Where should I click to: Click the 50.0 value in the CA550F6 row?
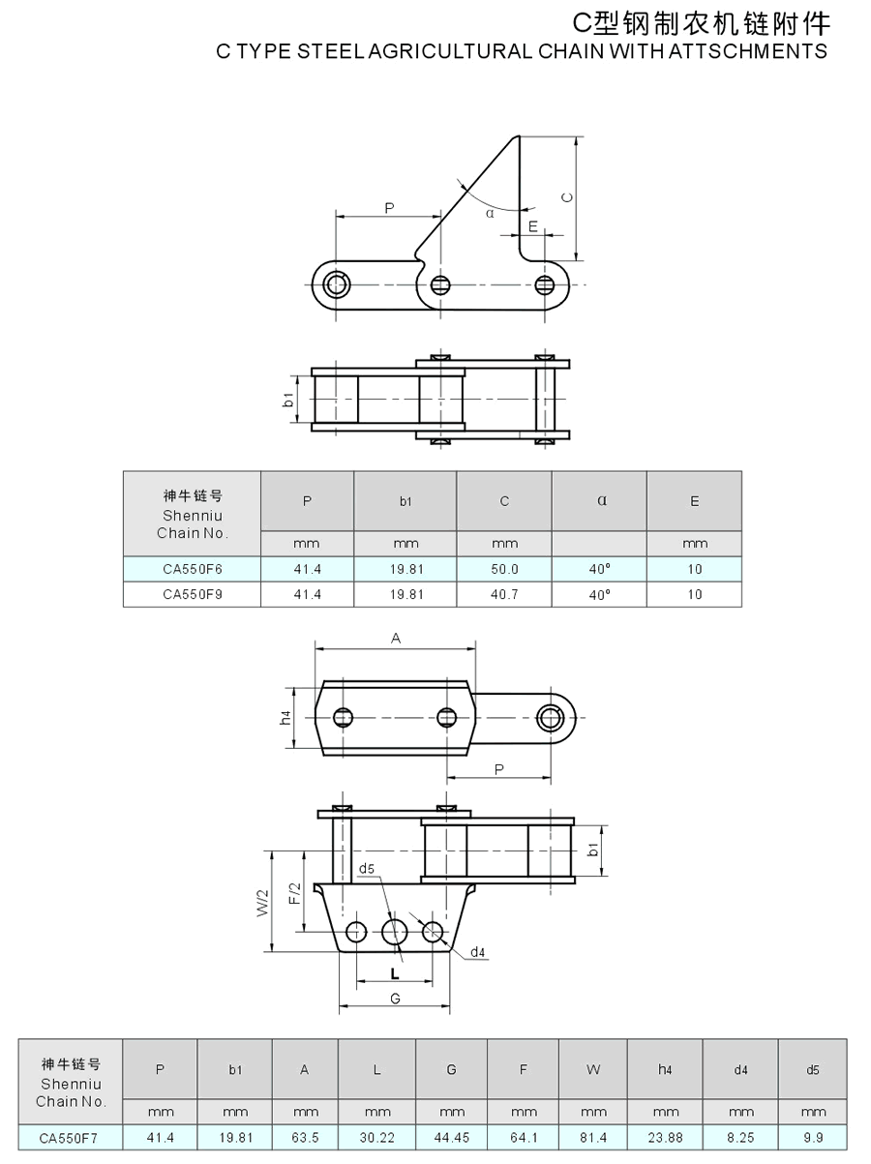[504, 569]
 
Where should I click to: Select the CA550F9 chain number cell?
[192, 594]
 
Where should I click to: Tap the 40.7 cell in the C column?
[504, 594]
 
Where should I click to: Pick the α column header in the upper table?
[602, 500]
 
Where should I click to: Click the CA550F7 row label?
[69, 1138]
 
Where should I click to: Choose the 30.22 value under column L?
[376, 1138]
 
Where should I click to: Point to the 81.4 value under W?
[593, 1138]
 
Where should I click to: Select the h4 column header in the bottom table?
[665, 1070]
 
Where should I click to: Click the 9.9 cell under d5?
[813, 1138]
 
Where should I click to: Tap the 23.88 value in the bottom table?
[665, 1138]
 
